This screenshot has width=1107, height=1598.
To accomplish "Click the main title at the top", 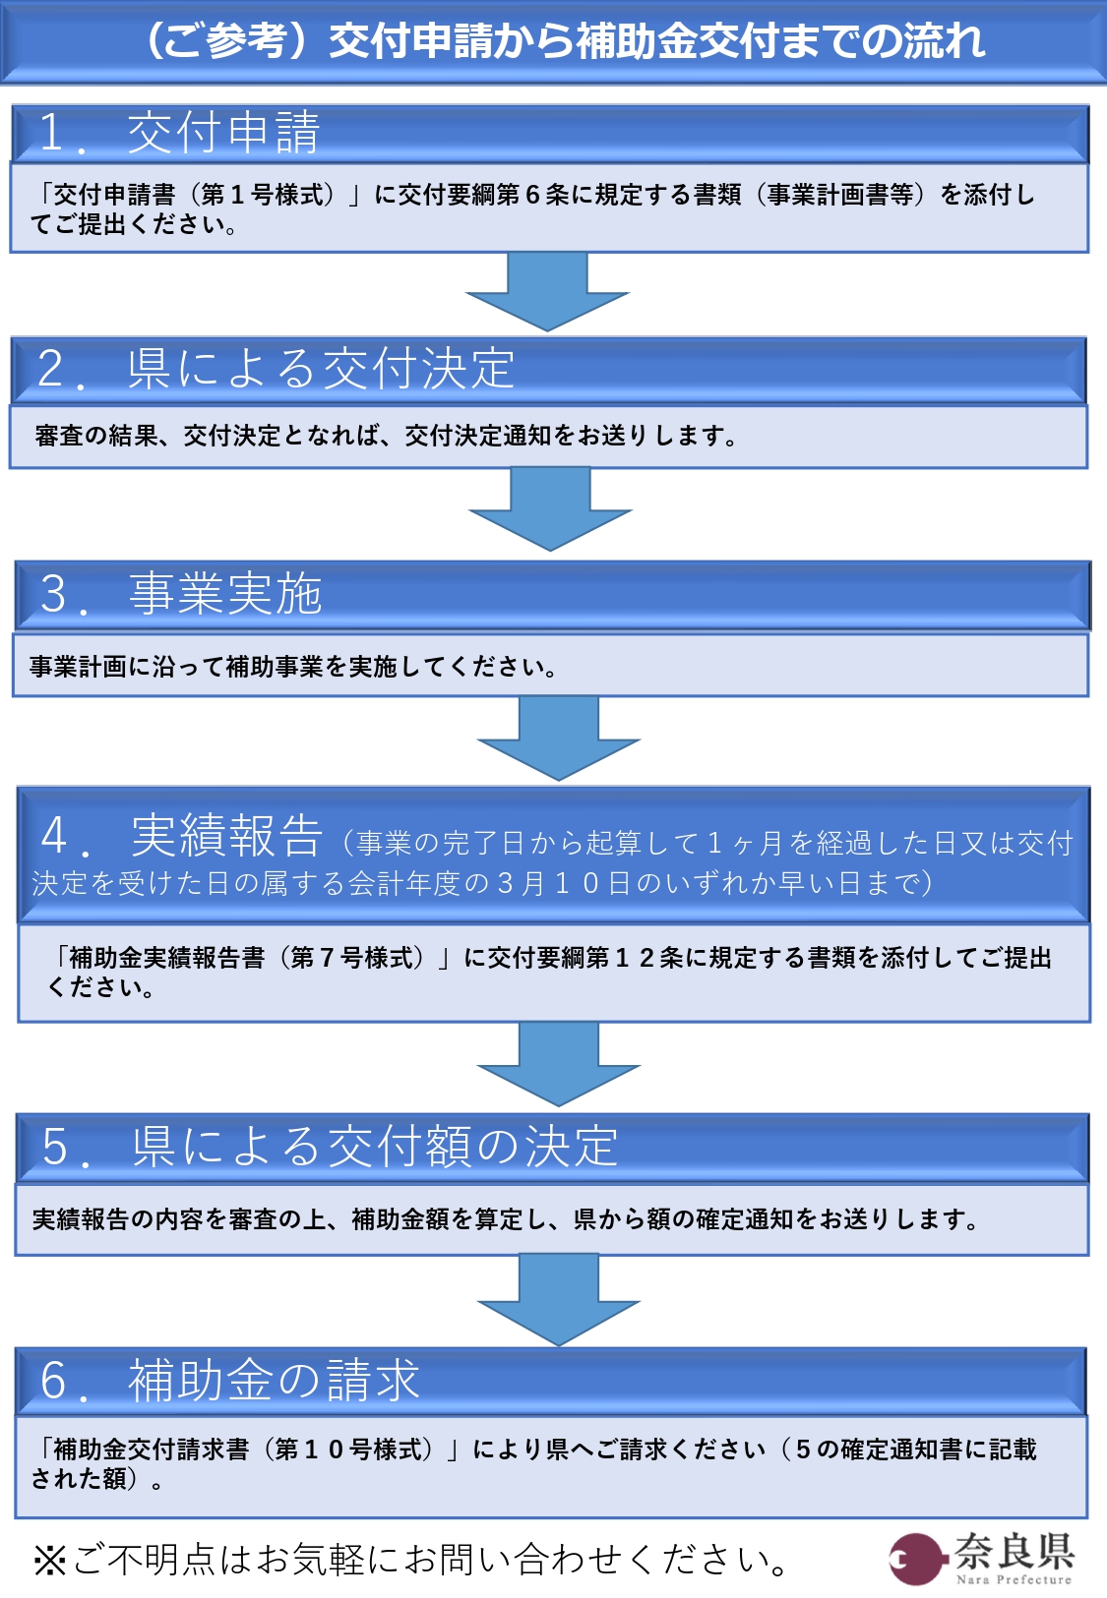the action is click(x=565, y=40).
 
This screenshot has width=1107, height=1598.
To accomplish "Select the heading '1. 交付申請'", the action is click(x=179, y=133).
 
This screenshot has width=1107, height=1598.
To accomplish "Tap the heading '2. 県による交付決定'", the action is click(x=277, y=369).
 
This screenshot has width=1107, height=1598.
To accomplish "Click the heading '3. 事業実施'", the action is click(x=181, y=594).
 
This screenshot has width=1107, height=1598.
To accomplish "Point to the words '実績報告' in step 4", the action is click(x=227, y=835).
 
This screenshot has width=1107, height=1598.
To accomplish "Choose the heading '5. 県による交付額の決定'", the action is click(x=330, y=1147).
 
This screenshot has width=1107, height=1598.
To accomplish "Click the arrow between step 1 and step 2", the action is click(x=547, y=292).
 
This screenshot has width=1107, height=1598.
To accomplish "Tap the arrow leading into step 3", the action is click(x=550, y=509).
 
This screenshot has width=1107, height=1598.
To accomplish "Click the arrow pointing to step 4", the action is click(x=559, y=739).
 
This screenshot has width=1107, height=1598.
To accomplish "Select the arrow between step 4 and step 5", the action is click(x=559, y=1064).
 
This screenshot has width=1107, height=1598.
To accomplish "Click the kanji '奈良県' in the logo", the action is click(x=1015, y=1550).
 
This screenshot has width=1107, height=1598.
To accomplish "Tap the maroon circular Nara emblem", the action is click(x=916, y=1559).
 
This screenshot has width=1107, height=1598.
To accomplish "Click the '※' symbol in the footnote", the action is click(x=50, y=1560).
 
